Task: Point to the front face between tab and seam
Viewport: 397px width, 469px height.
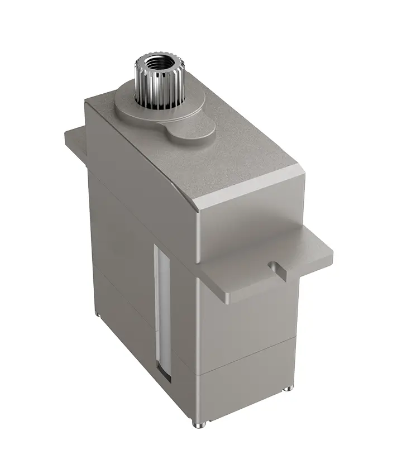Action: [x=246, y=324]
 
